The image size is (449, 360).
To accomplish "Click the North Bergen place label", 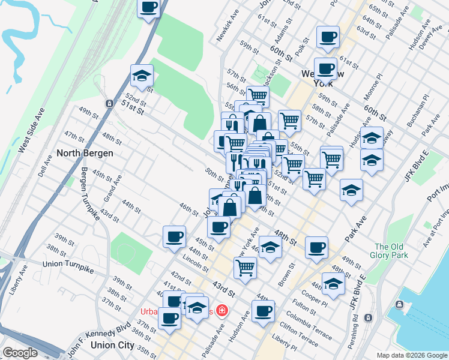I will (85, 153).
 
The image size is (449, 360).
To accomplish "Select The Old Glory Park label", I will (391, 251).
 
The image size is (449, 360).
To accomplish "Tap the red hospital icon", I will (222, 310).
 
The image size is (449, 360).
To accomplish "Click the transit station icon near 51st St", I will (109, 103).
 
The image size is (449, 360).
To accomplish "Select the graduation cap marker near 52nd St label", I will (142, 75).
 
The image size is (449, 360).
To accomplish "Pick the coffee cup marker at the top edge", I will (149, 8).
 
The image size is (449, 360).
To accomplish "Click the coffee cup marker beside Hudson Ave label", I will (263, 311).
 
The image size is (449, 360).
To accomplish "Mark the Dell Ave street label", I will (40, 164).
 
